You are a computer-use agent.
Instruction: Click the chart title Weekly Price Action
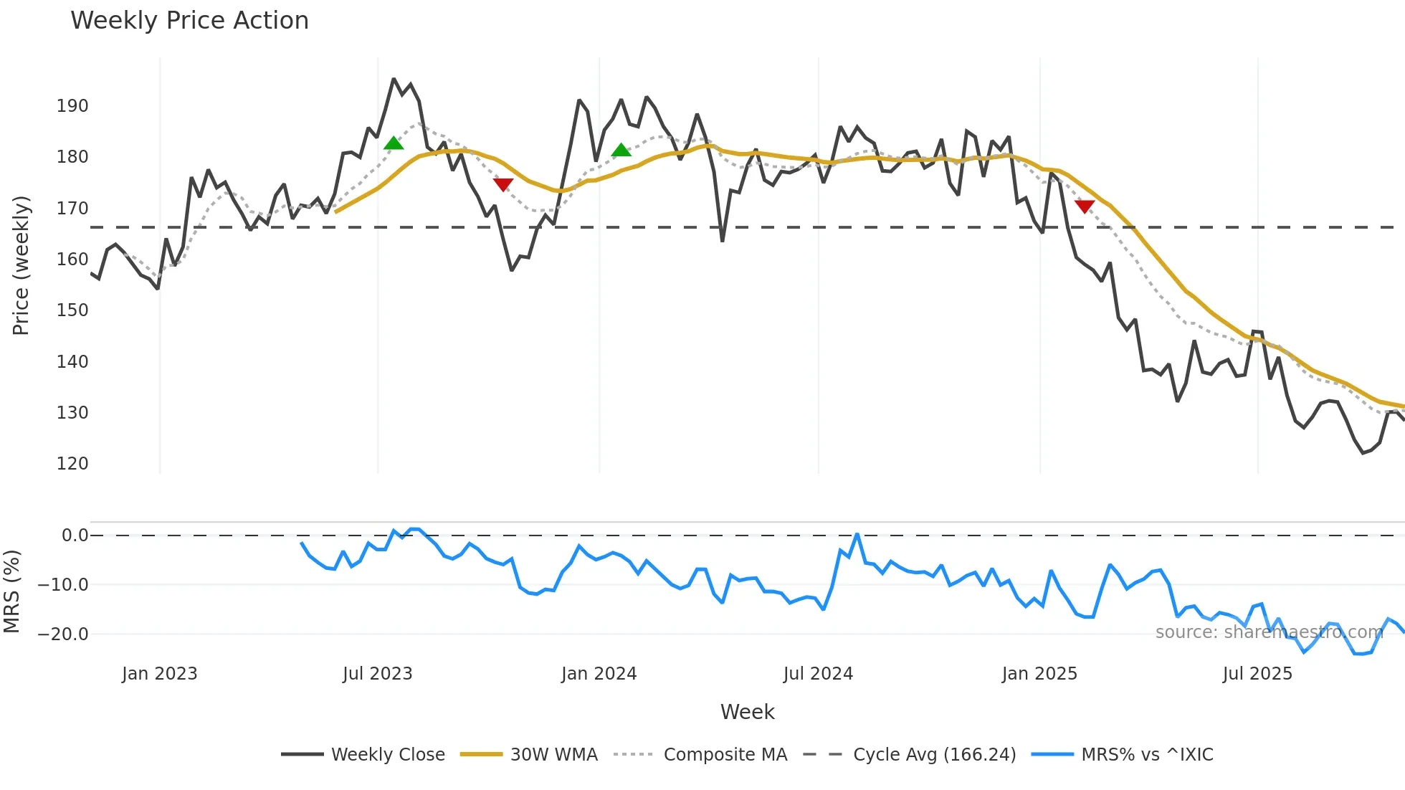189,21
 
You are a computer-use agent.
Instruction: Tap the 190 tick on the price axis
72,106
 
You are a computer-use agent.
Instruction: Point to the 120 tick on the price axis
72,464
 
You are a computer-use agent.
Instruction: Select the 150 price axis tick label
72,310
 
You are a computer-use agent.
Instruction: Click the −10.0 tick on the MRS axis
63,585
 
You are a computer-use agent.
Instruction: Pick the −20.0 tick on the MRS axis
63,634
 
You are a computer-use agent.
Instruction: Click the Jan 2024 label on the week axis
599,674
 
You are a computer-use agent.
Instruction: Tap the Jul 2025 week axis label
1257,674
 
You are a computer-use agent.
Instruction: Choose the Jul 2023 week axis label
377,674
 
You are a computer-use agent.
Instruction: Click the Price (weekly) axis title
21,265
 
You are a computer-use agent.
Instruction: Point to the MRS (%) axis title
11,591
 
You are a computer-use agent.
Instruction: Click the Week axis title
747,712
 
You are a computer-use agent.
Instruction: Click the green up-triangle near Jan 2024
621,150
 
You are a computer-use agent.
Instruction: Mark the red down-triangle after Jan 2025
1085,206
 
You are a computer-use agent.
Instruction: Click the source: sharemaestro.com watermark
1269,632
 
